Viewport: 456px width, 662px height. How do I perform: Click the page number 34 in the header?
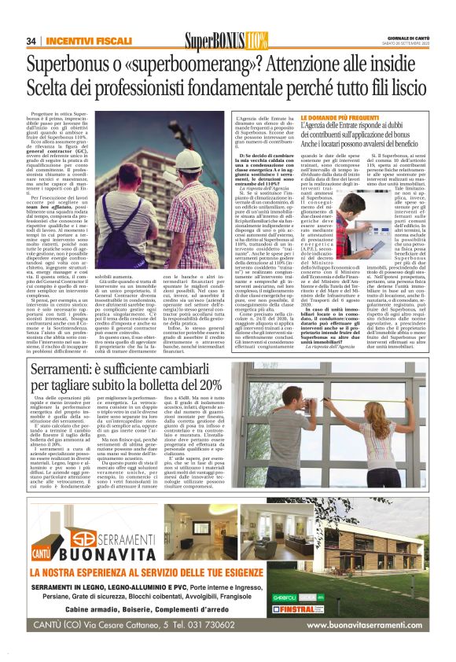coord(31,40)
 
